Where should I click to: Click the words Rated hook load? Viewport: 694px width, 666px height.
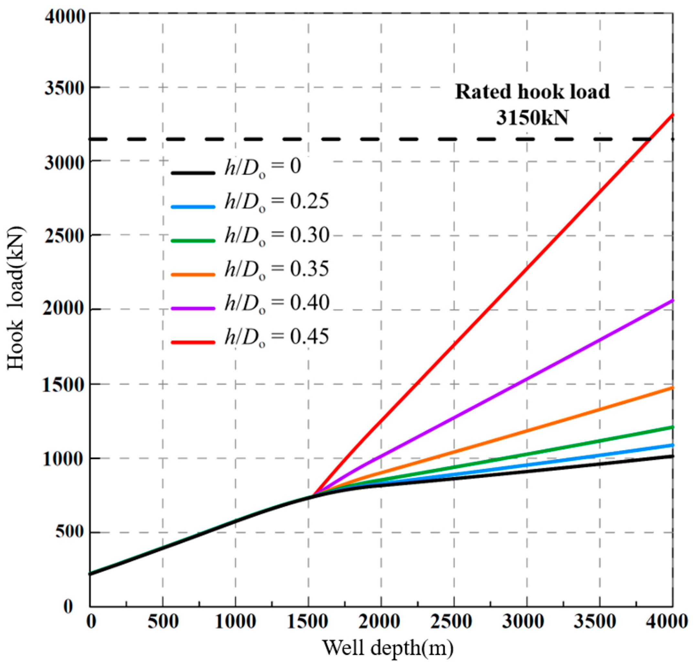532,92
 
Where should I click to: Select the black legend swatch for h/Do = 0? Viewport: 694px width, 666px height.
193,173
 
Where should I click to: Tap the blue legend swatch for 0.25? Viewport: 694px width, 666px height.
193,207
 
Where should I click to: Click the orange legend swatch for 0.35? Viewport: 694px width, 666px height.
193,274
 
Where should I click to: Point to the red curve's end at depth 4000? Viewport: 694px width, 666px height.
672,115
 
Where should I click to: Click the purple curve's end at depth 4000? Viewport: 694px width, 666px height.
672,300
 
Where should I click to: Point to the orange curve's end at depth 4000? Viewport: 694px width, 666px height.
672,388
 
